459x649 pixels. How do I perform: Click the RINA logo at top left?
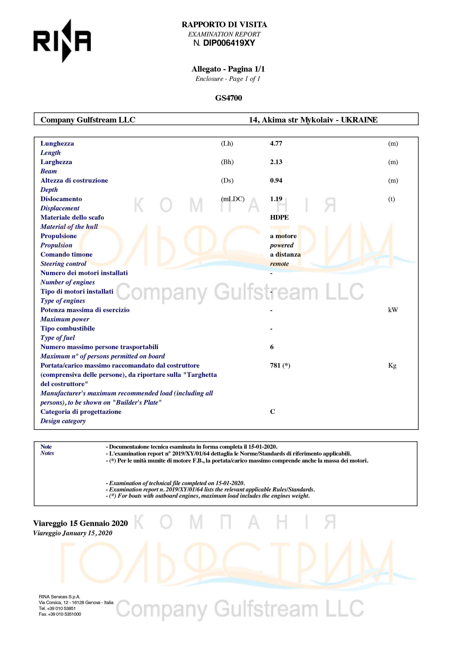[62, 41]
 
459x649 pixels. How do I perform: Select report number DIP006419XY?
[229, 43]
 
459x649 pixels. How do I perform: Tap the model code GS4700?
[228, 98]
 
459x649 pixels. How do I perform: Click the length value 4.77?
[276, 144]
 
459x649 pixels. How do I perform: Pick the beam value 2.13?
[276, 162]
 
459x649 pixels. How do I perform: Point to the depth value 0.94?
[276, 181]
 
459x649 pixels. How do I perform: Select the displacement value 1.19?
[276, 199]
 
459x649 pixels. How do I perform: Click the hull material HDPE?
[279, 218]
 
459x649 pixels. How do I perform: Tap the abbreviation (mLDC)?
[233, 199]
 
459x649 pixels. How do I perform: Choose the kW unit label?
[393, 310]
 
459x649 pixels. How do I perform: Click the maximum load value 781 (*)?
[280, 366]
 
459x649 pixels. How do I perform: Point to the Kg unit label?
[392, 366]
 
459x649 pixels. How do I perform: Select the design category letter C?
[273, 412]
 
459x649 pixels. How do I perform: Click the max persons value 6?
[272, 347]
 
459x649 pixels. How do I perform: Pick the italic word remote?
[279, 264]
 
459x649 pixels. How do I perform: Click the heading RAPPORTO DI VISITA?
[224, 25]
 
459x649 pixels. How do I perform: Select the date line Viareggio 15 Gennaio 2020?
[81, 524]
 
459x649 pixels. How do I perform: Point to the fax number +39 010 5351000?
[64, 614]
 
